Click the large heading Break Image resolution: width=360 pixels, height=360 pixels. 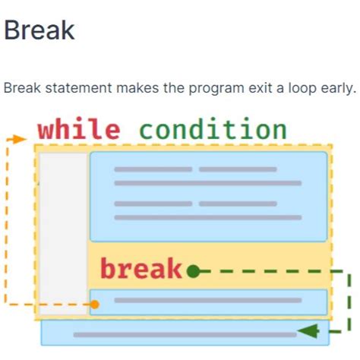coord(39,30)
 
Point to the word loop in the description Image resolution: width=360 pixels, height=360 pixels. coord(290,88)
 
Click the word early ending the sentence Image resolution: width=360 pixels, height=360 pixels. coord(333,88)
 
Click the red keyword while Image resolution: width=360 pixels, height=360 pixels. coord(78,129)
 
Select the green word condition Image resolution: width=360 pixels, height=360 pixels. coord(213,129)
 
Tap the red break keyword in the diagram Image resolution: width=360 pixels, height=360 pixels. coord(141,269)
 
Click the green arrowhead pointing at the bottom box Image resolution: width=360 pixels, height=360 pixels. coord(307,331)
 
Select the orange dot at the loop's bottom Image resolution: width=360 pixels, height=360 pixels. coord(95,305)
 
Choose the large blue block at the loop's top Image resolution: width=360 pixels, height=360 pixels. coord(208,197)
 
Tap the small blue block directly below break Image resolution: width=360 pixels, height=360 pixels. coord(208,302)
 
